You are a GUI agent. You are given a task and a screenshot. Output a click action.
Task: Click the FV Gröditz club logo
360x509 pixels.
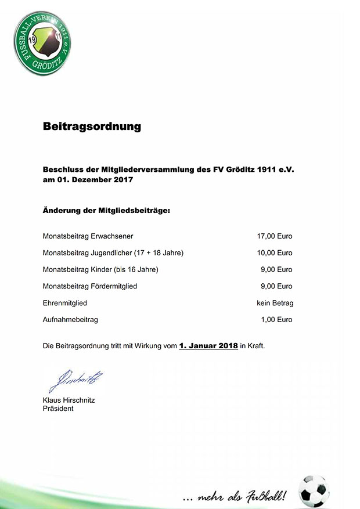point(42,43)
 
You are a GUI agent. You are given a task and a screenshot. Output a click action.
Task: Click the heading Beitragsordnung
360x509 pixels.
point(92,126)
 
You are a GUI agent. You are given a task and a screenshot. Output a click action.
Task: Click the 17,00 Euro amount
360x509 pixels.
point(275,236)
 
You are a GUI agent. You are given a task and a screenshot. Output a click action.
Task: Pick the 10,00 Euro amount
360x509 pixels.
point(275,253)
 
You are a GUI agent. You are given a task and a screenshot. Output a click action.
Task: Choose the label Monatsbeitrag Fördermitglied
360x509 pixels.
point(90,286)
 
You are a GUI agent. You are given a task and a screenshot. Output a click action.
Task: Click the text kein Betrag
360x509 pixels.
point(275,303)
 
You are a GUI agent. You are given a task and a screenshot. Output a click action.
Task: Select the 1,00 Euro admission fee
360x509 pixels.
point(277,320)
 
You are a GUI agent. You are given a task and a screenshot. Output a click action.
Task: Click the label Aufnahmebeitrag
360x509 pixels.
point(70,320)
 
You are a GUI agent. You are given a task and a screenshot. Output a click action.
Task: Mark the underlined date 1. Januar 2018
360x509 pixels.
point(208,345)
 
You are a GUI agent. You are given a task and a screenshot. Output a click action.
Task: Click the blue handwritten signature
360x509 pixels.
point(75,381)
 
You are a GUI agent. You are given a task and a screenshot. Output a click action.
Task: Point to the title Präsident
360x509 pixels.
point(58,409)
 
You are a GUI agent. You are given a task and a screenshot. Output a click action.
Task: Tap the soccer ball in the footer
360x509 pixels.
point(314,490)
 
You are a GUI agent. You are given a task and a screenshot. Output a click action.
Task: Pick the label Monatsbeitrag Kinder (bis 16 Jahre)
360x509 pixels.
point(100,270)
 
